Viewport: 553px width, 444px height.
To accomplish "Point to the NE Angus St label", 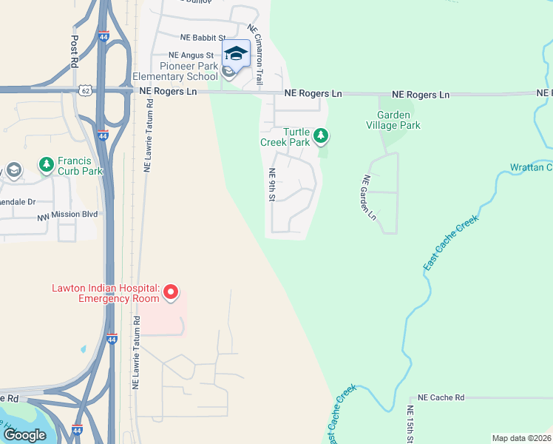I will click(191, 55).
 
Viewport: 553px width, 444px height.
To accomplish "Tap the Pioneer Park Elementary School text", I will click(175, 72).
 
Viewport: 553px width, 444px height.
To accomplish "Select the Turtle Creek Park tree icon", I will click(320, 135).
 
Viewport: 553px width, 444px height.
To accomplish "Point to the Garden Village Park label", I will click(398, 120).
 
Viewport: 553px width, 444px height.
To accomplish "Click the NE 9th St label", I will click(272, 185).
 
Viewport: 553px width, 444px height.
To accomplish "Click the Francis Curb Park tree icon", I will click(46, 163).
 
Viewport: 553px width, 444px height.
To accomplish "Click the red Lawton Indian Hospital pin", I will click(171, 292).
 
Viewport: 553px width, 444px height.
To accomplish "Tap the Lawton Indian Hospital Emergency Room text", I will click(105, 293).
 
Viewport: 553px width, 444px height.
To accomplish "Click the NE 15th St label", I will click(410, 423).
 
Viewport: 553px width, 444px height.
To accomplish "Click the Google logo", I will click(25, 434).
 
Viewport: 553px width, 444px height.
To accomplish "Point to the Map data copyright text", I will click(521, 438).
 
